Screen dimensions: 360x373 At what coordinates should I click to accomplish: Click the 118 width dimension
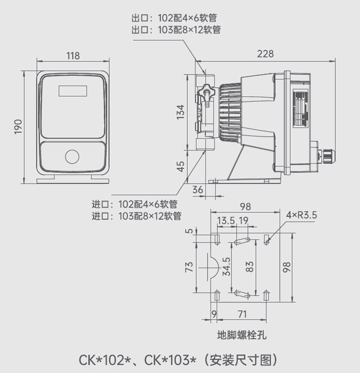pyautogui.click(x=73, y=56)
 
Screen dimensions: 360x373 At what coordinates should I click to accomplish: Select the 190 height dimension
pyautogui.click(x=18, y=127)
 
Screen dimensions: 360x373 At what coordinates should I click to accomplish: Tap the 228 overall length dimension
pyautogui.click(x=265, y=54)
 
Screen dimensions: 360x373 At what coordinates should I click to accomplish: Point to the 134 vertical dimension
pyautogui.click(x=180, y=112)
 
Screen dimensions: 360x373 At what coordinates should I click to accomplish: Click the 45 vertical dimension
pyautogui.click(x=181, y=166)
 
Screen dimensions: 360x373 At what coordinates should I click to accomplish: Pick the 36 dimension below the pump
pyautogui.click(x=198, y=190)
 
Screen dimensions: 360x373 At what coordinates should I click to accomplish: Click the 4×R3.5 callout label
pyautogui.click(x=302, y=215)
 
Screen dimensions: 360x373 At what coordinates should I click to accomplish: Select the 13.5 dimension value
pyautogui.click(x=226, y=221)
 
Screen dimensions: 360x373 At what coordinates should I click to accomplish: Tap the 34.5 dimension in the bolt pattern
pyautogui.click(x=226, y=266)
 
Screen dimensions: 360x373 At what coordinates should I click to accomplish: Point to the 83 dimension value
pyautogui.click(x=249, y=266)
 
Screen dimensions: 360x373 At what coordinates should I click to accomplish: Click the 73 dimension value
pyautogui.click(x=189, y=267)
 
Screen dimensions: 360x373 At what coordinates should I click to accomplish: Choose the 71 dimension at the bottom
pyautogui.click(x=242, y=314)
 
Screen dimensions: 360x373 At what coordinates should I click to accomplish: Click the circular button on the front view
pyautogui.click(x=72, y=156)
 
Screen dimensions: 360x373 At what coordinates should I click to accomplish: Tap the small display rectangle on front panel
pyautogui.click(x=73, y=91)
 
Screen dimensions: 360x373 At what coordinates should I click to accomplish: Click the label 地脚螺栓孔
pyautogui.click(x=242, y=335)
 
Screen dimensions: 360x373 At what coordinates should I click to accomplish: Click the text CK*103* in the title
pyautogui.click(x=170, y=360)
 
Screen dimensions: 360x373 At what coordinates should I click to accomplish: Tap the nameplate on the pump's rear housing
pyautogui.click(x=300, y=109)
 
